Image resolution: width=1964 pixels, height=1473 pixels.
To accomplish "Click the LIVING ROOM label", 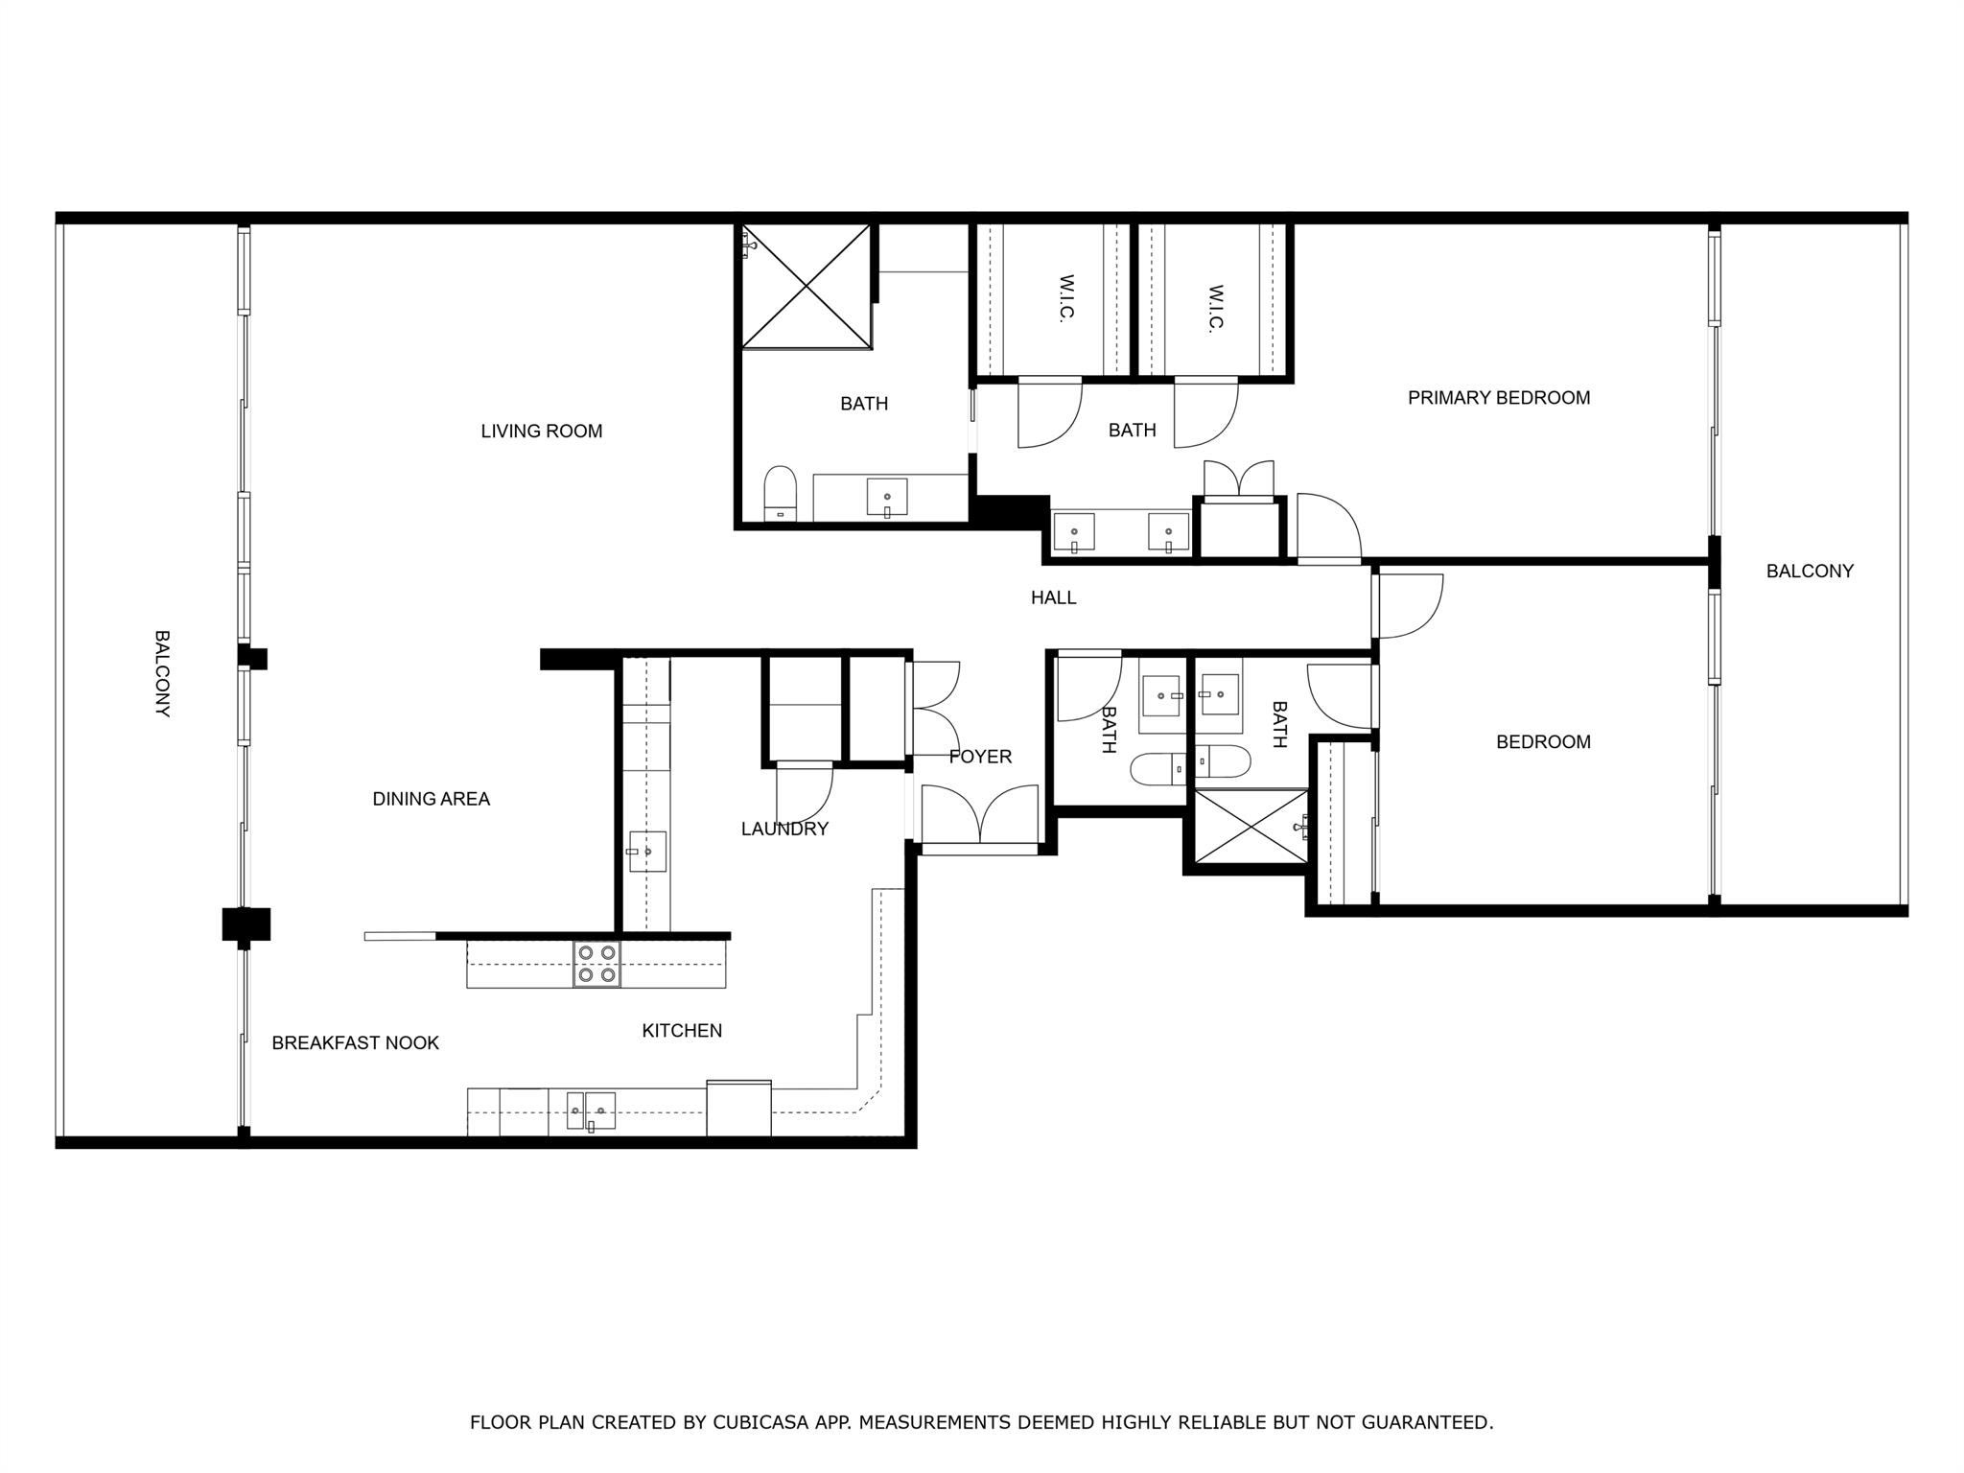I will pos(541,432).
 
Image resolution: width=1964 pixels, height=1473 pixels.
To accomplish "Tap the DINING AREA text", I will pos(431,799).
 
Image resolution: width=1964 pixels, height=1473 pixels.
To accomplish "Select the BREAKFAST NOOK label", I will pos(355,1042).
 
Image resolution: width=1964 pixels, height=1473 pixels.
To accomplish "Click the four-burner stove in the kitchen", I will pos(596,964).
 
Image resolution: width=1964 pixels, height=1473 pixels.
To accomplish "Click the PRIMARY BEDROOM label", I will pos(1498,398).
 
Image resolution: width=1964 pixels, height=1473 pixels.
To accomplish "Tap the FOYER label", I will pos(980,757).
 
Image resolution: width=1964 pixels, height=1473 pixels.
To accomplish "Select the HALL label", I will pos(1053,597).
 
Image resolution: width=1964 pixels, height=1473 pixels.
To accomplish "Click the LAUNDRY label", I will pos(783,829).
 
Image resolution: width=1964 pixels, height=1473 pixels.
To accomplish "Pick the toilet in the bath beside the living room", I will pos(781,492).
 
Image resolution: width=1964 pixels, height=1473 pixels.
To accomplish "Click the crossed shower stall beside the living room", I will pos(806,286).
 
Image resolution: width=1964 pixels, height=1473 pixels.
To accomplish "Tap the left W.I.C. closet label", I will pos(1066,299).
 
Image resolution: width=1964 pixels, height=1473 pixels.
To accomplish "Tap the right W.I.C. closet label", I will pos(1216,307).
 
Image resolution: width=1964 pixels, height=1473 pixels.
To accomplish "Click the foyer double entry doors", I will pos(979,817).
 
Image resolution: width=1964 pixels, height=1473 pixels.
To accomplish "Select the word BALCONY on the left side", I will pos(162,673).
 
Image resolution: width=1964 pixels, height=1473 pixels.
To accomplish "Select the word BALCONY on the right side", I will pos(1809,571).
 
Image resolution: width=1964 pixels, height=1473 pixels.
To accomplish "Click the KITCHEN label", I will pos(681,1031).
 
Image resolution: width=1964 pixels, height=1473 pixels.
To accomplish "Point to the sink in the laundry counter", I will pos(646,851).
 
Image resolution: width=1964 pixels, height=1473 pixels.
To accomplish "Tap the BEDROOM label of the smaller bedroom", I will pos(1542,741).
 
